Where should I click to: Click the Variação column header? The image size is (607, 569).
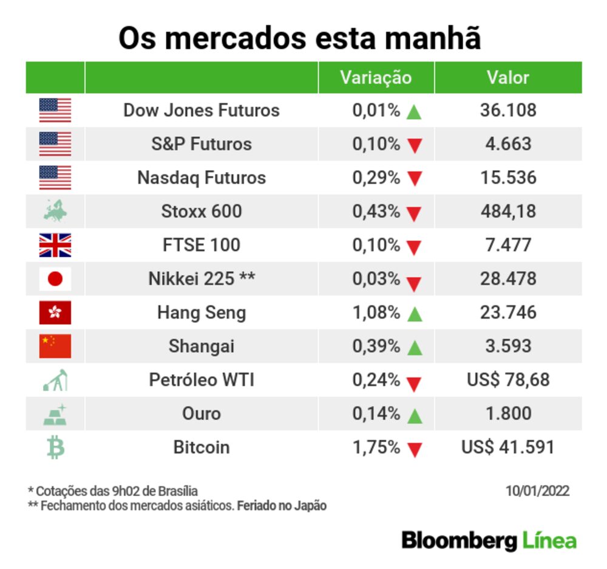[375, 77]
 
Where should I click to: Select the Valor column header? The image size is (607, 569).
[507, 77]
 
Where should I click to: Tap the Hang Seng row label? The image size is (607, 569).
[202, 312]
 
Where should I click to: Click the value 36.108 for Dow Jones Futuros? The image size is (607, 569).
[507, 110]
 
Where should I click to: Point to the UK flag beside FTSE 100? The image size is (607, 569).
[55, 245]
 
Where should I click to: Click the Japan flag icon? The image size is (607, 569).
[55, 279]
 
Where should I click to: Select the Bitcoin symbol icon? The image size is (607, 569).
[55, 447]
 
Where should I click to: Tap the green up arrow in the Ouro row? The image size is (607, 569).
[414, 416]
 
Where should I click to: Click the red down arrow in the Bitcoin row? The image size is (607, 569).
[414, 450]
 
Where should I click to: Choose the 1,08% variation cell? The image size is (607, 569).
[376, 312]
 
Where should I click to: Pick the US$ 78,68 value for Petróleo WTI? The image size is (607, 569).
[507, 380]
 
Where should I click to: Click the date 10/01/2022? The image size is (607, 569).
[537, 491]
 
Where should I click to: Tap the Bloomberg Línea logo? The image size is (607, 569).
[489, 540]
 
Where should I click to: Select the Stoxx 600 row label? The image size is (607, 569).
[202, 211]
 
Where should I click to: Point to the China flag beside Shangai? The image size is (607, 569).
[55, 346]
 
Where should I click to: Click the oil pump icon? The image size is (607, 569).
[55, 381]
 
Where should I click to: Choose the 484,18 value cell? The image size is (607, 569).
[507, 211]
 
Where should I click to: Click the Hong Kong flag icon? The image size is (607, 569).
[55, 312]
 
